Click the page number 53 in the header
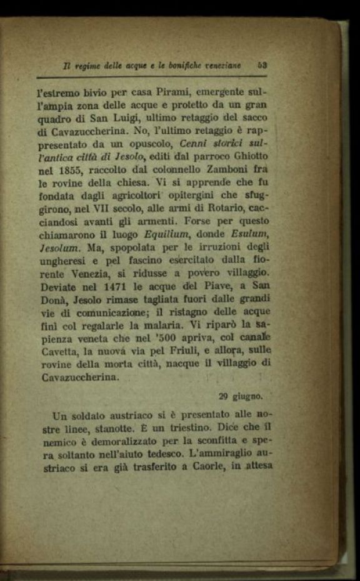[262, 64]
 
